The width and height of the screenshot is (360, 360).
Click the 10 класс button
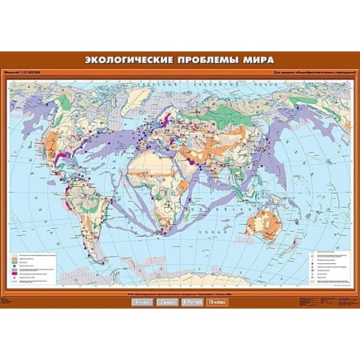[x=216, y=302]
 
